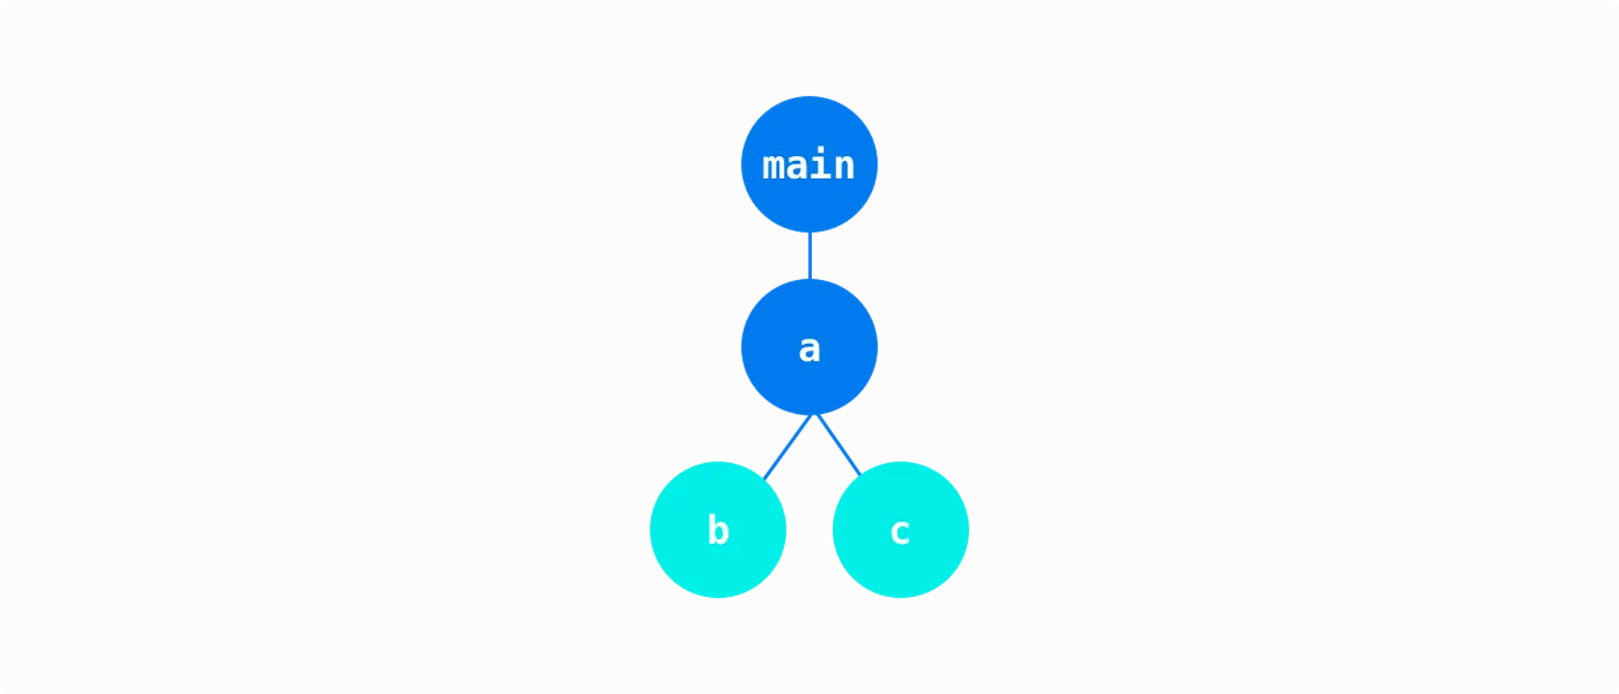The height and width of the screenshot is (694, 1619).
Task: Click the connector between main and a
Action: click(809, 255)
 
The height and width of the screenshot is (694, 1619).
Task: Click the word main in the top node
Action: click(809, 165)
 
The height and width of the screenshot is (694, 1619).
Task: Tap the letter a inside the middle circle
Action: click(809, 348)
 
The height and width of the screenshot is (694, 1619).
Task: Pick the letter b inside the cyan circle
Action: click(718, 530)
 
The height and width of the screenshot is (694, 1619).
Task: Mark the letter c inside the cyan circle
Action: click(900, 532)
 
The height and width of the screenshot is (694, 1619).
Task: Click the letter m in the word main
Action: click(774, 167)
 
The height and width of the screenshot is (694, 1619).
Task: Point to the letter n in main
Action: click(844, 167)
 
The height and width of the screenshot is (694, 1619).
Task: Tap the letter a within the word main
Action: click(798, 167)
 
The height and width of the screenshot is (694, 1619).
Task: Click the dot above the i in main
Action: click(820, 151)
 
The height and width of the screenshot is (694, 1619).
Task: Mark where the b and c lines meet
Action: click(814, 416)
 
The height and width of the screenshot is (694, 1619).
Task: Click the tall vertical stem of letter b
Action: click(711, 529)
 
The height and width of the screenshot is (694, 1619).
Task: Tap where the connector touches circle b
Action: click(765, 477)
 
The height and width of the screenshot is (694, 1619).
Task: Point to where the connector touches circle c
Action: click(859, 473)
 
